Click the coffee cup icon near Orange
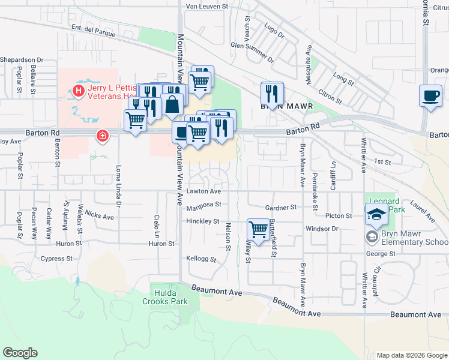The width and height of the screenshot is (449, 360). tap(430, 96)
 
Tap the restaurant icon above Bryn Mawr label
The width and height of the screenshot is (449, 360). tap(272, 94)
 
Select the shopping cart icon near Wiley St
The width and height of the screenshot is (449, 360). tap(258, 229)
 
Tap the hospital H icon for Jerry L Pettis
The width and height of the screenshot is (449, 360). tap(78, 91)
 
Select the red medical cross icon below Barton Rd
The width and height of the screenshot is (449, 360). tap(103, 136)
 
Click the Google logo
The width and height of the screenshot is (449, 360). tap(20, 353)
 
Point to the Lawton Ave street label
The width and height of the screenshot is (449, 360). tap(203, 191)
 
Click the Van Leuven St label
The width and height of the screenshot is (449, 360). tap(208, 6)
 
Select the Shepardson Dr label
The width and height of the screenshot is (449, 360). tap(22, 60)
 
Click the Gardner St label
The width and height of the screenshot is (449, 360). tap(282, 208)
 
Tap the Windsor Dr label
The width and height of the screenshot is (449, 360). tap(322, 229)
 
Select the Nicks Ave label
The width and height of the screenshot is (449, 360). tap(99, 216)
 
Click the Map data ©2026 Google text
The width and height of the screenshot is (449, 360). tap(411, 355)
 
